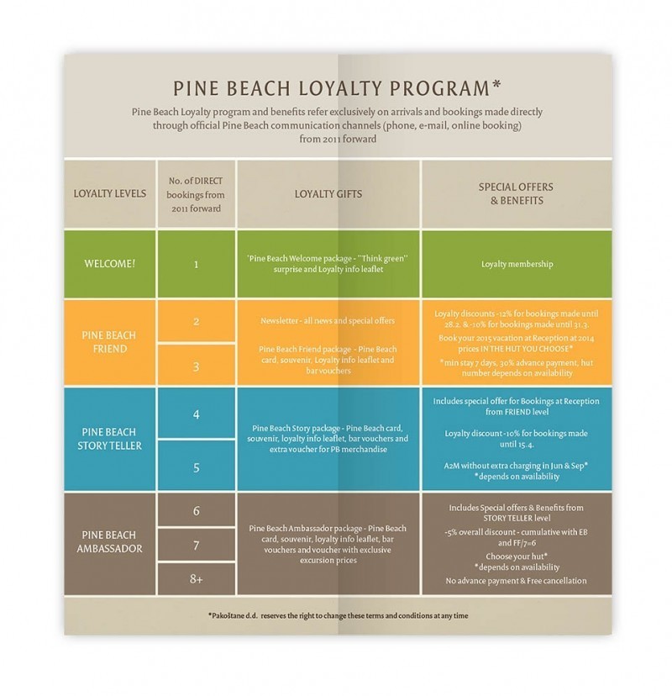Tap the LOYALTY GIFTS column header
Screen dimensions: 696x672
[x=328, y=192]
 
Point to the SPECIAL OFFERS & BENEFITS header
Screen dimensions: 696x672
[x=512, y=193]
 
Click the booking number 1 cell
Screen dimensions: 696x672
[x=196, y=264]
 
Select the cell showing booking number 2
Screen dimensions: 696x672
[x=196, y=321]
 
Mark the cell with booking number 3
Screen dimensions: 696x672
[x=196, y=366]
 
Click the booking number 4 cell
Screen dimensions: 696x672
[x=196, y=414]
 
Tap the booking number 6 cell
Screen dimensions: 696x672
[x=196, y=510]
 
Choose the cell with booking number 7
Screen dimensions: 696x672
[x=196, y=545]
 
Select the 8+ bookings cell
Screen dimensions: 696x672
[x=196, y=578]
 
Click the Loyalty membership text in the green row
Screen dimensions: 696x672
[x=517, y=264]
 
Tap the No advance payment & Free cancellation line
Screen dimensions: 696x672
[x=517, y=581]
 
